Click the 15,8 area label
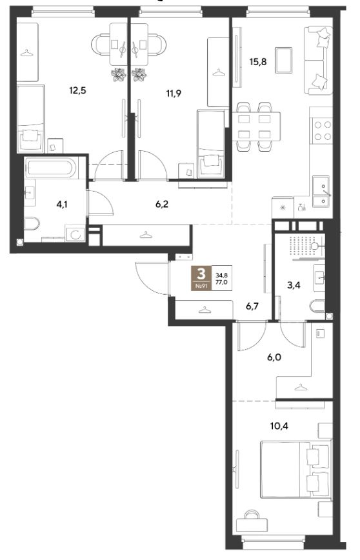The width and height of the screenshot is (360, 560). [258, 62]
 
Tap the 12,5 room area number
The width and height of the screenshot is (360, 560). [78, 90]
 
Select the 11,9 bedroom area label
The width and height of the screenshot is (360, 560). [174, 94]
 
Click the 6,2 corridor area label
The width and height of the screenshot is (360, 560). [161, 205]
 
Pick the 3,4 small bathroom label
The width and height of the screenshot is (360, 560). [294, 285]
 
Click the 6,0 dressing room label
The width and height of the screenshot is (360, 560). [274, 357]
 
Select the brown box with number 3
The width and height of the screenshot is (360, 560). [202, 278]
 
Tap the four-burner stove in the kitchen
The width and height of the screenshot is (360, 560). [322, 131]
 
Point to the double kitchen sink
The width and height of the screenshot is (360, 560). [323, 192]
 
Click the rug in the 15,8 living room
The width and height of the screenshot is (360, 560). [284, 61]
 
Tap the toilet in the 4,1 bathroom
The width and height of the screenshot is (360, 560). [32, 224]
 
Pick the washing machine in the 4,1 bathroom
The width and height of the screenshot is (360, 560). [75, 234]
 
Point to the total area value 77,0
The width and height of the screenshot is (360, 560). [222, 282]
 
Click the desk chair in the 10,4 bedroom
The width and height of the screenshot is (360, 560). [252, 515]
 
